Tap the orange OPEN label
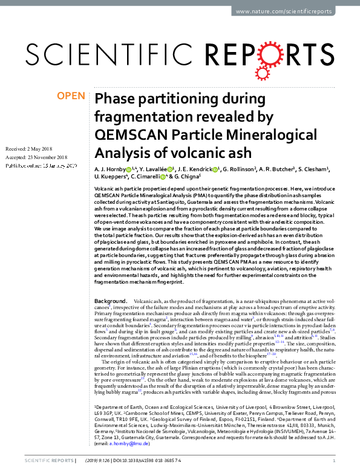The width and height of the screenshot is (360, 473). [x=70, y=96]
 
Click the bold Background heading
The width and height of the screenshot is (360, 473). [x=111, y=301]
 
